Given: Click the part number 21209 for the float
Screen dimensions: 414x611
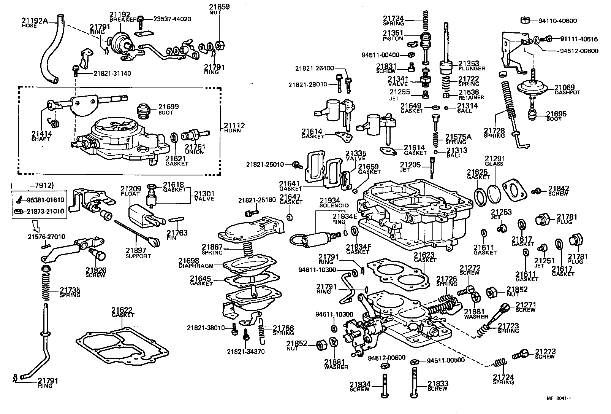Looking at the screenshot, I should coord(131,189).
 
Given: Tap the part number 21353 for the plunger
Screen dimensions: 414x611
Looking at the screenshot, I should coord(469,64).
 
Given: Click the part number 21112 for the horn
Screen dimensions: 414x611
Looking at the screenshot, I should coord(234,126).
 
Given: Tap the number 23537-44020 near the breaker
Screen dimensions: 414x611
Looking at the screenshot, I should coord(172,19).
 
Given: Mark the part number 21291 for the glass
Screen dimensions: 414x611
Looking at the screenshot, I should coord(494,159).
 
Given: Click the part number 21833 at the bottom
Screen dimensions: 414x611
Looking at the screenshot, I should coord(438,384).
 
